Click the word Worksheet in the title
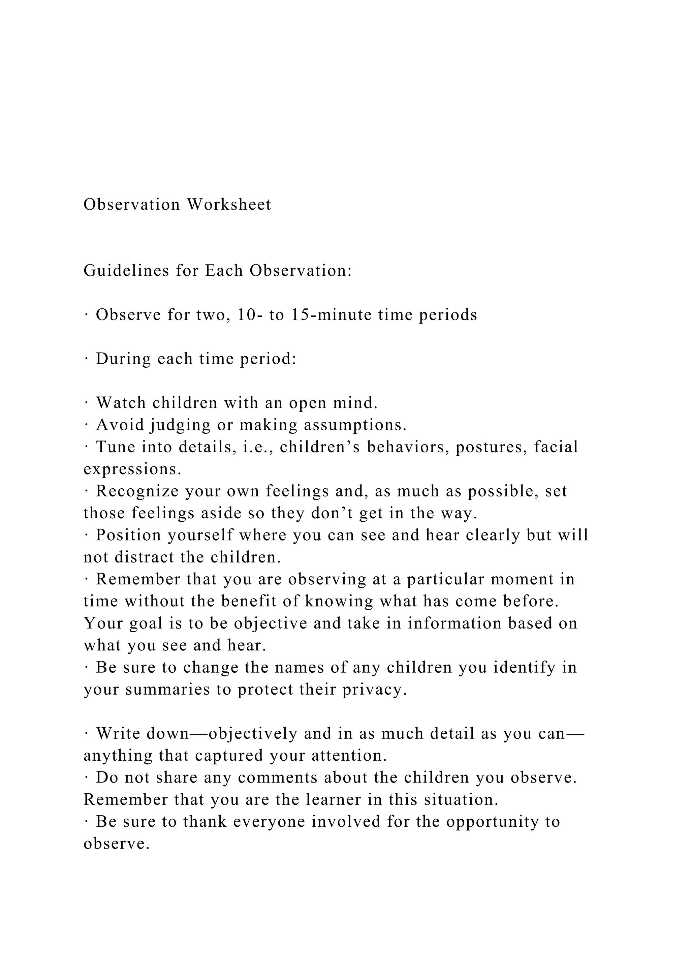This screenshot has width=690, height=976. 229,205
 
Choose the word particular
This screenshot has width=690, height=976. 440,579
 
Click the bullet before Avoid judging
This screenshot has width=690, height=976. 86,425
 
